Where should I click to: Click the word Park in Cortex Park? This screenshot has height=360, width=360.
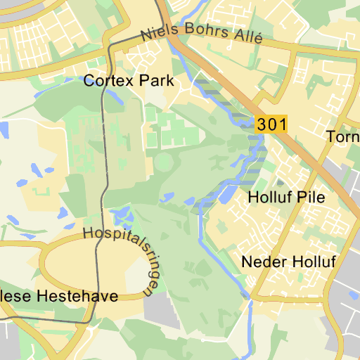coord(156,81)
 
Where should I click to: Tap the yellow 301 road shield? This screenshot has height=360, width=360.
coord(271,125)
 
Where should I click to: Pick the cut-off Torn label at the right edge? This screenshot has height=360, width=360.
coord(343,136)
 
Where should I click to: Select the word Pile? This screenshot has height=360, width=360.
coord(311,198)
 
